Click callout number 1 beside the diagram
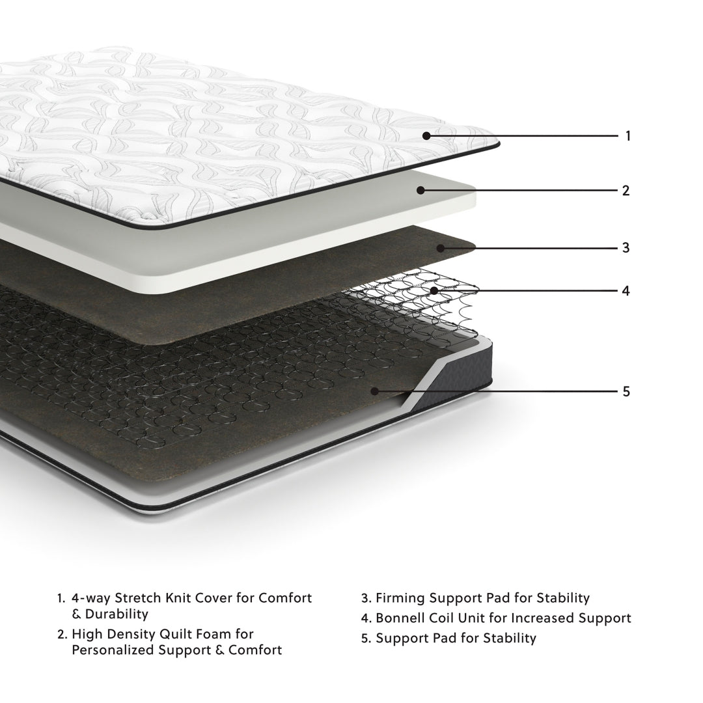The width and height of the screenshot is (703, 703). point(627,136)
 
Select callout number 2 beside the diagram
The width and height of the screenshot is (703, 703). point(626,191)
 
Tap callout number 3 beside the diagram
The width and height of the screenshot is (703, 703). point(626,248)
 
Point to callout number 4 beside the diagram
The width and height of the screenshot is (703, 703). point(626,290)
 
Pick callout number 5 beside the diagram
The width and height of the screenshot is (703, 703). point(626,391)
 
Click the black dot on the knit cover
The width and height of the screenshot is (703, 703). point(426,136)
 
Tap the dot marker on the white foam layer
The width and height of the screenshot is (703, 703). point(420,190)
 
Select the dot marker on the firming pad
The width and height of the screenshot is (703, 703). point(441,248)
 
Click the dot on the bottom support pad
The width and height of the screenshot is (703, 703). point(374,391)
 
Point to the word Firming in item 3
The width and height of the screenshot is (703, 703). point(399,598)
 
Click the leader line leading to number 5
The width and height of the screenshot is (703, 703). point(508,391)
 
